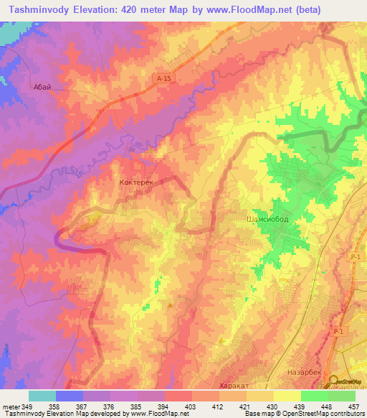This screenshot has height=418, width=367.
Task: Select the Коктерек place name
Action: pyautogui.click(x=137, y=183)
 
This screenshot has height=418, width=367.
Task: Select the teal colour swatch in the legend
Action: pyautogui.click(x=42, y=396)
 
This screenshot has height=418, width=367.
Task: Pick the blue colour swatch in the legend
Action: pyautogui.click(x=70, y=396)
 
